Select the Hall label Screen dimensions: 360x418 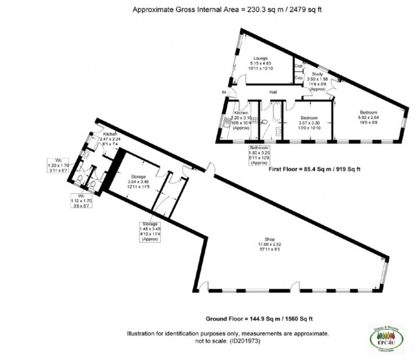[x=274, y=92]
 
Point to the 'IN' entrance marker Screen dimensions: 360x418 [x=224, y=92]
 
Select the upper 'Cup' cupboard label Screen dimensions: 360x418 [x=299, y=66]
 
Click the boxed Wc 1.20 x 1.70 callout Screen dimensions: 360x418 [x=59, y=165]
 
